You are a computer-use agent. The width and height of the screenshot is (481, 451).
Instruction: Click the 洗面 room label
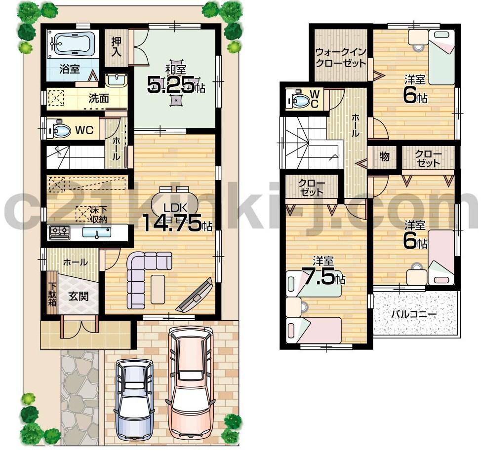click(98, 98)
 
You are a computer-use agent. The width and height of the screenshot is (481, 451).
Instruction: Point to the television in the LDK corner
click(196, 296)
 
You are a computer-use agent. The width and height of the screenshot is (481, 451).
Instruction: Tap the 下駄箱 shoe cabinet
click(52, 294)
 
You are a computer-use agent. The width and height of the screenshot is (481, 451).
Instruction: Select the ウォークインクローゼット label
click(341, 58)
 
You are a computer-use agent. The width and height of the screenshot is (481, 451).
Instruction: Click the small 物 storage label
click(384, 157)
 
